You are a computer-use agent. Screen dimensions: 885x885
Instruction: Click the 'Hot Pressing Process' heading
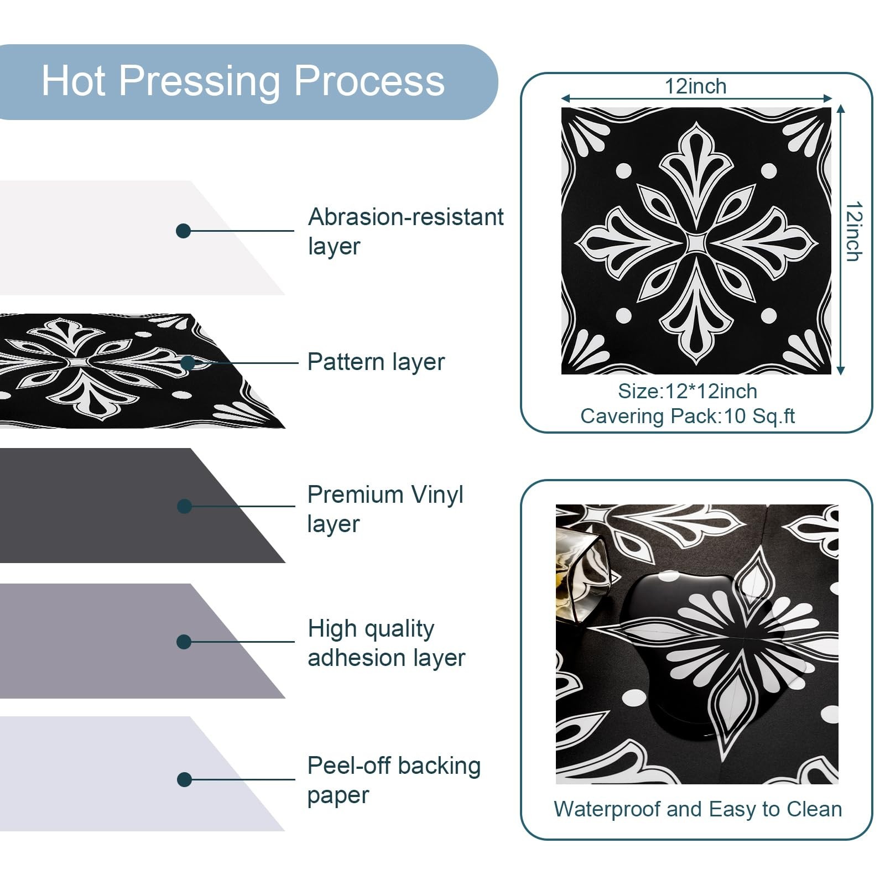[x=243, y=81]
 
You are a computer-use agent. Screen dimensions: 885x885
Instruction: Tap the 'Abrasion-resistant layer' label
[x=405, y=231]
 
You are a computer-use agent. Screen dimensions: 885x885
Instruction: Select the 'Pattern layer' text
[x=376, y=362]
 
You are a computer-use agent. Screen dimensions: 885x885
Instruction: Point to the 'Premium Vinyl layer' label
[x=385, y=509]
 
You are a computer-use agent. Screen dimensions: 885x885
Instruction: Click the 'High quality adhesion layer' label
[x=386, y=643]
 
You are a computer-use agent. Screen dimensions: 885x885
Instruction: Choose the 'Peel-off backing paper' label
[x=393, y=780]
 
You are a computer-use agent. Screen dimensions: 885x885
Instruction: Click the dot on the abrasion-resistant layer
[x=183, y=231]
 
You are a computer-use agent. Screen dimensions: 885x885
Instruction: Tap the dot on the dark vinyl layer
[x=184, y=506]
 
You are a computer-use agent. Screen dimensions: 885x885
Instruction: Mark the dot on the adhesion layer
[x=184, y=642]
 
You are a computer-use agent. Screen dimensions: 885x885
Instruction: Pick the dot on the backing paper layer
[x=184, y=780]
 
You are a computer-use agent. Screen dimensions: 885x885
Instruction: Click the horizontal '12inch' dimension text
[x=695, y=86]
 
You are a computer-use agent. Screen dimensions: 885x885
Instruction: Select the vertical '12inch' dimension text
[x=854, y=231]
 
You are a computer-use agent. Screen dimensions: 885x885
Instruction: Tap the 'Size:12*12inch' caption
[x=688, y=392]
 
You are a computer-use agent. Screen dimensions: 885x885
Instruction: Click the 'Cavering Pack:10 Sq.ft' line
[x=688, y=416]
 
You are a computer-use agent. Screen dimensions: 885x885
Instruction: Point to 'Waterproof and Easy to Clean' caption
[x=697, y=809]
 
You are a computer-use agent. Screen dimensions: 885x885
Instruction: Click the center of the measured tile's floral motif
[x=696, y=242]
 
